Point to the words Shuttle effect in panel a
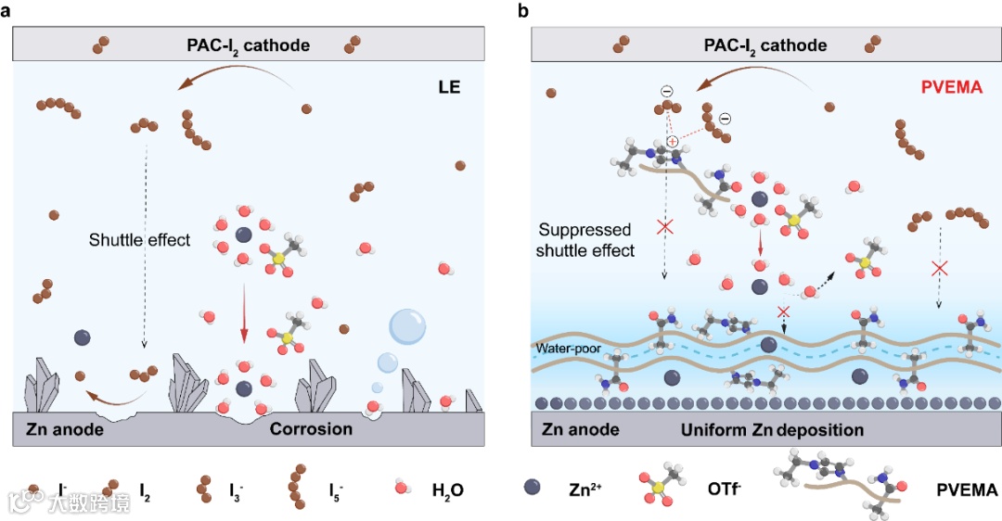(139, 240)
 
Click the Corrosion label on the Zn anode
(311, 429)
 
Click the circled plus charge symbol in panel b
(673, 140)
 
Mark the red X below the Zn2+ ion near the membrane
(784, 311)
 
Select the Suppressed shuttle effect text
(585, 240)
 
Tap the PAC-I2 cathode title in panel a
(249, 44)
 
